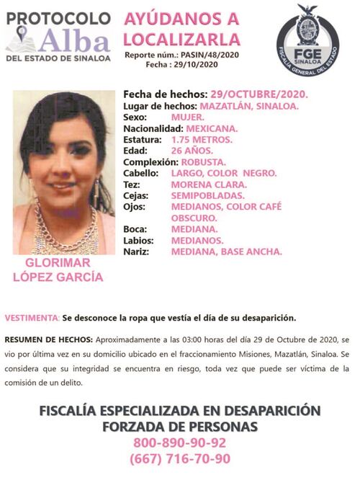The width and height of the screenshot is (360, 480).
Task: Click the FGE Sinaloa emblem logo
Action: coord(307,35)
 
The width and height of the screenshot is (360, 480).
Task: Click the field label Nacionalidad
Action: coord(155,128)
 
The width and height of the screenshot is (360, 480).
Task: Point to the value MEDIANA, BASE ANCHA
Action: coord(227,252)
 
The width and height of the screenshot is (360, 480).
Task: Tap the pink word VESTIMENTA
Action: coord(31,318)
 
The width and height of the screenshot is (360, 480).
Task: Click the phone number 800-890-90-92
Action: coord(180,443)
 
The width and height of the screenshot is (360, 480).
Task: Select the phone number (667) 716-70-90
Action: coord(180,459)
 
